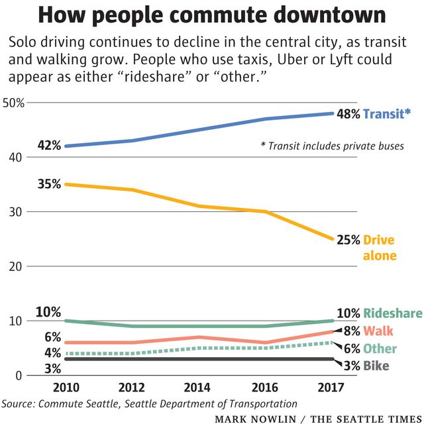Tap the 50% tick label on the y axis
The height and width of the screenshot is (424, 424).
(x=14, y=103)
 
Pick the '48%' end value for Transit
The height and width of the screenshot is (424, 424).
(x=348, y=114)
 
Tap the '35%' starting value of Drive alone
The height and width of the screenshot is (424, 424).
(x=48, y=184)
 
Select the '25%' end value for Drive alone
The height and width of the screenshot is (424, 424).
(x=348, y=240)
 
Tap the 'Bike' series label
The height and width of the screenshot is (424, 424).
(x=376, y=366)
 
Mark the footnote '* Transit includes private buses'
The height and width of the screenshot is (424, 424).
(x=333, y=146)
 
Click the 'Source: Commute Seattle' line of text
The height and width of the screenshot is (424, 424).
(x=149, y=403)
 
